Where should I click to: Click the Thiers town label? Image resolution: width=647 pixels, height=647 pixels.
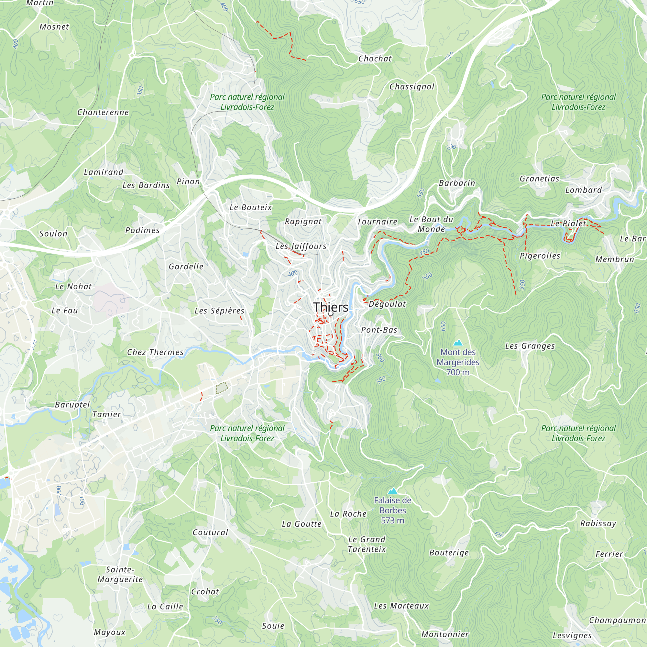click(x=331, y=307)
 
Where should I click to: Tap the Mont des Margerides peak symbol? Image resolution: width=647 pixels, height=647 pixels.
click(x=457, y=343)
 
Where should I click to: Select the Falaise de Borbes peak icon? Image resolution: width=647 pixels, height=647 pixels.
click(x=392, y=491)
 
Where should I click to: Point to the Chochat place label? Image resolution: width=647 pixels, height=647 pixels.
click(x=375, y=59)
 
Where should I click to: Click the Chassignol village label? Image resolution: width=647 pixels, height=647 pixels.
click(x=411, y=87)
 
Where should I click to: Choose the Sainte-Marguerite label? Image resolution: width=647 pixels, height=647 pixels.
click(x=120, y=574)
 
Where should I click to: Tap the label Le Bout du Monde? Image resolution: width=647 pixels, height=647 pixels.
click(x=431, y=225)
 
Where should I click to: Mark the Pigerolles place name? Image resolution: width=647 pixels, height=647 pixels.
click(x=540, y=256)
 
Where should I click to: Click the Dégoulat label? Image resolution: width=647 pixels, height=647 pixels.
click(x=387, y=304)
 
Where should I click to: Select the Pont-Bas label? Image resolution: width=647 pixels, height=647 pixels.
click(x=379, y=330)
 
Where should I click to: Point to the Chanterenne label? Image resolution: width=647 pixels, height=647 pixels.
click(x=103, y=112)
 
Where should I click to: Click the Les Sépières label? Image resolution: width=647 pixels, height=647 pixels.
click(x=219, y=311)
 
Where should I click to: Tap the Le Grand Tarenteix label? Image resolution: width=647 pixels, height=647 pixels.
click(x=367, y=544)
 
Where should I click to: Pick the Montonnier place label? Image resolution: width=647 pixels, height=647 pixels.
click(x=445, y=634)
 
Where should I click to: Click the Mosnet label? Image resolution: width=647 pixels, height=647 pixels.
click(x=54, y=27)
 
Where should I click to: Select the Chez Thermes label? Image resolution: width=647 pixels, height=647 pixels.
click(x=155, y=352)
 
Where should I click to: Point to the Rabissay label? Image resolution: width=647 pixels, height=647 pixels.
click(x=598, y=523)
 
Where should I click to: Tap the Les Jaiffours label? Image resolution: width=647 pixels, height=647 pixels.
click(x=301, y=246)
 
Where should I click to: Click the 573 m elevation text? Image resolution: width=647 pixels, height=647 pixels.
click(x=392, y=521)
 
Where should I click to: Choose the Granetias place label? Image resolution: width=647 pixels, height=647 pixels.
click(x=539, y=179)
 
